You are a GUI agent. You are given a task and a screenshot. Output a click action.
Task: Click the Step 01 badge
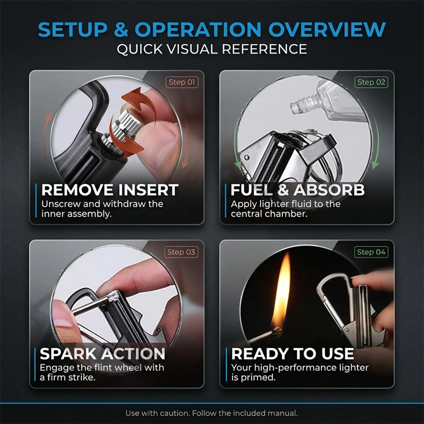[182, 82]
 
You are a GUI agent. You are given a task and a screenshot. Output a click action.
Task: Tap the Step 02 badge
[371, 82]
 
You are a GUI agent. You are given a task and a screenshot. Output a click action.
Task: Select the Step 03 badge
[181, 252]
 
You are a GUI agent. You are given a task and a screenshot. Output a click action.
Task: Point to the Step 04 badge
[371, 252]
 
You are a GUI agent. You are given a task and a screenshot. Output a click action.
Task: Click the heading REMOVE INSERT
[110, 190]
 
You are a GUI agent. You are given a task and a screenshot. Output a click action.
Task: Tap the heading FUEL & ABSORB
[298, 190]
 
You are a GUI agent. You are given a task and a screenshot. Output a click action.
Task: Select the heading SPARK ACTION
[103, 354]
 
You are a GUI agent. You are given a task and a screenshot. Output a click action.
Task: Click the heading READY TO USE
[293, 354]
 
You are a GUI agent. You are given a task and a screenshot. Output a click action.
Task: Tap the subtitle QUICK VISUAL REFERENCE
[212, 49]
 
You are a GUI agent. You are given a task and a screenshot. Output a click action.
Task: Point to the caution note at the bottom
[212, 413]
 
